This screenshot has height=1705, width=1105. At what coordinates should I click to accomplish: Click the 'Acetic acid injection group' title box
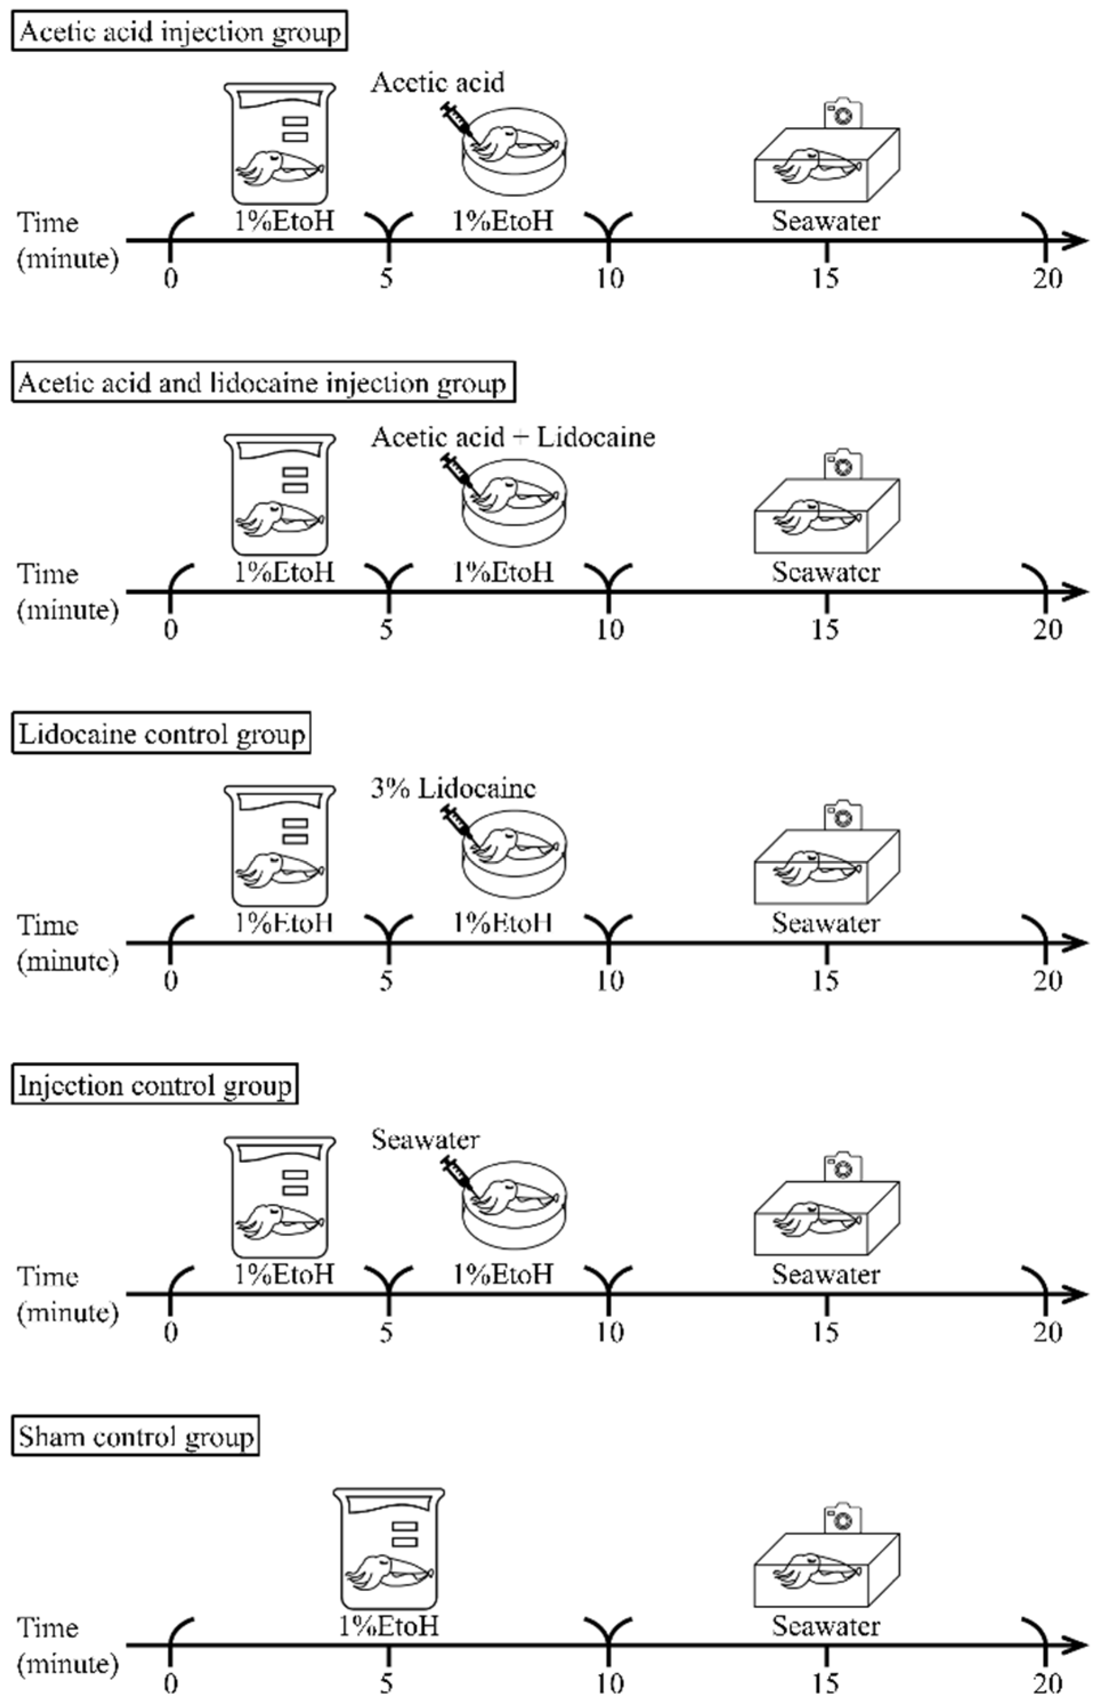[179, 31]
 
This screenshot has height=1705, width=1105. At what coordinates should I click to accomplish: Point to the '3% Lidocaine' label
[453, 788]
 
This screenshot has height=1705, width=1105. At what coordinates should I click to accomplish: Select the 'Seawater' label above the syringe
[425, 1139]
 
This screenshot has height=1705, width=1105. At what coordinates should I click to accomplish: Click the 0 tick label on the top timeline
[170, 278]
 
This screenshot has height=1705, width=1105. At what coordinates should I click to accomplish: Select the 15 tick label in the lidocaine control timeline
[826, 981]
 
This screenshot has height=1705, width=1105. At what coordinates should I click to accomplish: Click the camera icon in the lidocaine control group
[843, 816]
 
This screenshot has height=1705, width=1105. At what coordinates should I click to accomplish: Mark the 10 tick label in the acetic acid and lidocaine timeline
[609, 629]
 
